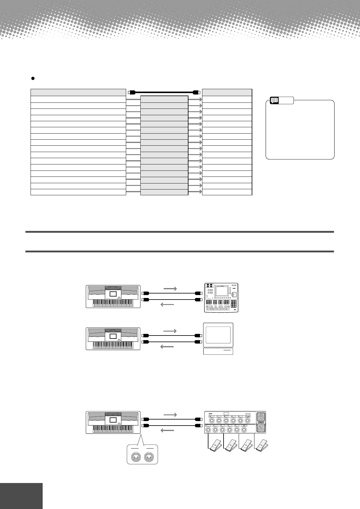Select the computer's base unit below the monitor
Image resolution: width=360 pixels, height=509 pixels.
pos(218,351)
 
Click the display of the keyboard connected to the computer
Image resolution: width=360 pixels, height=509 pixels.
pos(113,336)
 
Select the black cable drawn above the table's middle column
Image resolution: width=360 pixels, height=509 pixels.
pos(164,92)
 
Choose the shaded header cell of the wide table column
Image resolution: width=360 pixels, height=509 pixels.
pos(78,92)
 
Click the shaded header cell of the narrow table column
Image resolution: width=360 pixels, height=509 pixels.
pos(227,92)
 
